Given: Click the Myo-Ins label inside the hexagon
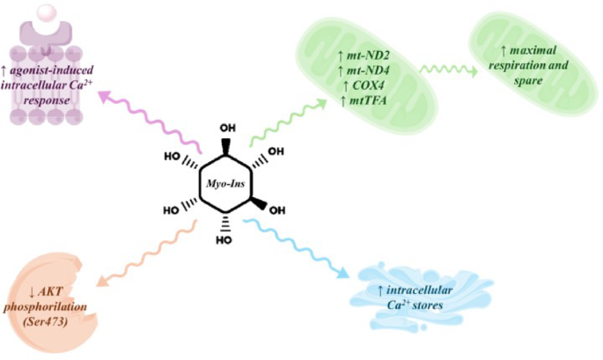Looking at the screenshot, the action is [x=225, y=184].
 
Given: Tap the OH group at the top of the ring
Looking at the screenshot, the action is [x=228, y=128].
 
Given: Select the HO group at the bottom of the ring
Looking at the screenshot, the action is [x=224, y=240].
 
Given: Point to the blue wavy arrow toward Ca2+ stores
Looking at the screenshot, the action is [x=296, y=247].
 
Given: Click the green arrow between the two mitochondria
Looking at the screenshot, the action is [x=448, y=70].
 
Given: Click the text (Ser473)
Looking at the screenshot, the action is [x=46, y=321].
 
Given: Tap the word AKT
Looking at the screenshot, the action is [x=50, y=292].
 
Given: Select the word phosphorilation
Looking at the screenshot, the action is [x=45, y=307].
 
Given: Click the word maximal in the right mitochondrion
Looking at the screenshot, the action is [x=533, y=50].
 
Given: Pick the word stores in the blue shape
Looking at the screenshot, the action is [x=428, y=305].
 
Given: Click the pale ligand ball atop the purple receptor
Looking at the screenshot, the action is [x=48, y=13].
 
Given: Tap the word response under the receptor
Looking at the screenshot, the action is [x=47, y=100].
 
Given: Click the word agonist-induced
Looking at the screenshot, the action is [x=52, y=70].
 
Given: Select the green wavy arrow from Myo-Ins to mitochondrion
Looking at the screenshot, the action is [x=288, y=122].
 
